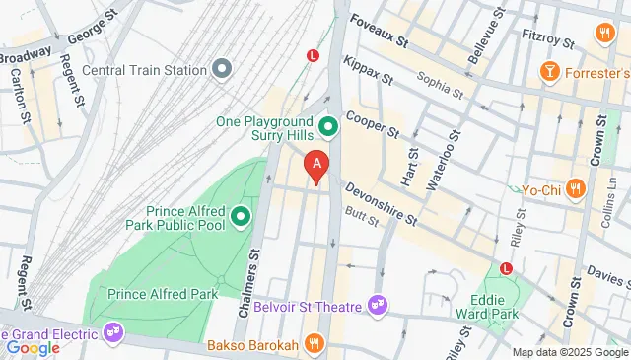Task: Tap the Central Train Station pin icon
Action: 222,70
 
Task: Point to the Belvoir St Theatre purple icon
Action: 376,307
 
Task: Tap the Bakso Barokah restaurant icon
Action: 314,344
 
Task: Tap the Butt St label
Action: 361,220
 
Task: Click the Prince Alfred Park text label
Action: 162,293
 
